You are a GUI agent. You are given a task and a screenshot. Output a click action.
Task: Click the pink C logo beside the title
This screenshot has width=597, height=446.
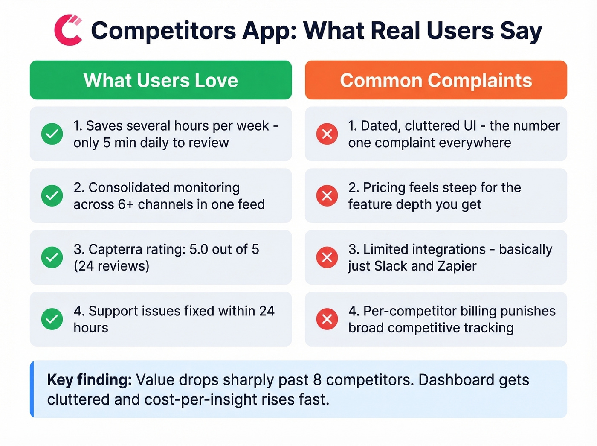coord(68,30)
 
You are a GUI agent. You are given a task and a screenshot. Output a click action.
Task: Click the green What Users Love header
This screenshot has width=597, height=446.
coord(161,80)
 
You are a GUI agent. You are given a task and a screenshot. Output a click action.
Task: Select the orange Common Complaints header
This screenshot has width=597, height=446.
coord(436,80)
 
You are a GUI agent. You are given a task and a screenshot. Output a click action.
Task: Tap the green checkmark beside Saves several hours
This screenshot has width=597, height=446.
coord(52,134)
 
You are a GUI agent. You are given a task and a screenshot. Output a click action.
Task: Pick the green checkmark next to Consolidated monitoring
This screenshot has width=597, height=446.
coord(52,196)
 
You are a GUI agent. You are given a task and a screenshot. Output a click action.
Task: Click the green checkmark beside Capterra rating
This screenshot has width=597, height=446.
coord(52,257)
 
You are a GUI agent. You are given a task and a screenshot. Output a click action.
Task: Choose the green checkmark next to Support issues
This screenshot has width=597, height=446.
coord(52,319)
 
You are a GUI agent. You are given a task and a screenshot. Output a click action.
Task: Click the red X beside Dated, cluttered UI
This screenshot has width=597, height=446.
coord(327,134)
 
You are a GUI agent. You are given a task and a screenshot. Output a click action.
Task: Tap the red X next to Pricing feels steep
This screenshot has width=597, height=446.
coord(327,196)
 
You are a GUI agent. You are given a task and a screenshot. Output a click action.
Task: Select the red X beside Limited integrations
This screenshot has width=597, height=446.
coord(327,257)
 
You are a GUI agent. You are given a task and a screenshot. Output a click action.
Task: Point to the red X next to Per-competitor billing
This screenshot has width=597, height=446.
coord(327,319)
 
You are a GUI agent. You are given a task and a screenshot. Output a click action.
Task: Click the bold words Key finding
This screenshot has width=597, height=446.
coord(89,380)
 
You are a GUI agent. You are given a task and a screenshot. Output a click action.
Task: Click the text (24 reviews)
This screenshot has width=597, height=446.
coord(111,266)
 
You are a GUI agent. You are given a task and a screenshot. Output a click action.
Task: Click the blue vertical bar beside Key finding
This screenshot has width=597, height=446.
coord(32,389)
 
